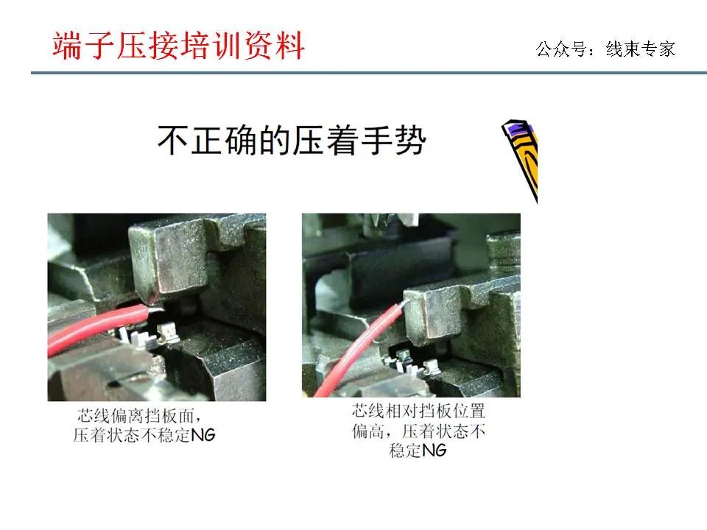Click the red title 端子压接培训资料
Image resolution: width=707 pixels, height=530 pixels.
[x=179, y=46]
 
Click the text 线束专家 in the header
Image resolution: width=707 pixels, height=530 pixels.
[x=640, y=49]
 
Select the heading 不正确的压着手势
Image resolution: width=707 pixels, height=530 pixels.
[x=292, y=140]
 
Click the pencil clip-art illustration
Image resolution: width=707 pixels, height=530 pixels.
[x=522, y=156]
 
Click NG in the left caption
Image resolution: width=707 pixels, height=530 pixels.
[x=203, y=435]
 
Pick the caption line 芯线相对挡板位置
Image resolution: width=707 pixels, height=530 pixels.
[x=418, y=411]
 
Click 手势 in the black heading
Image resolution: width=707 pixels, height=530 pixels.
[x=398, y=140]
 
